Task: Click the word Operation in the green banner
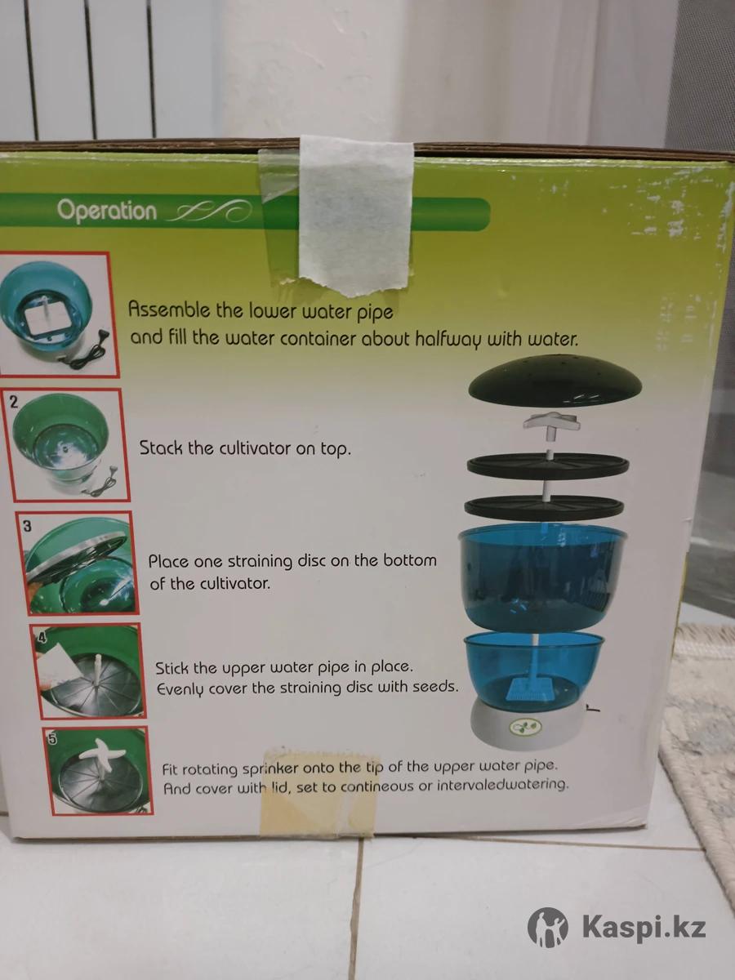click(x=107, y=210)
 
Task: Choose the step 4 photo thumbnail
click(x=88, y=670)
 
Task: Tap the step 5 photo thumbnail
click(x=98, y=771)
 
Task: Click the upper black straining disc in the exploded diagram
click(x=548, y=465)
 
